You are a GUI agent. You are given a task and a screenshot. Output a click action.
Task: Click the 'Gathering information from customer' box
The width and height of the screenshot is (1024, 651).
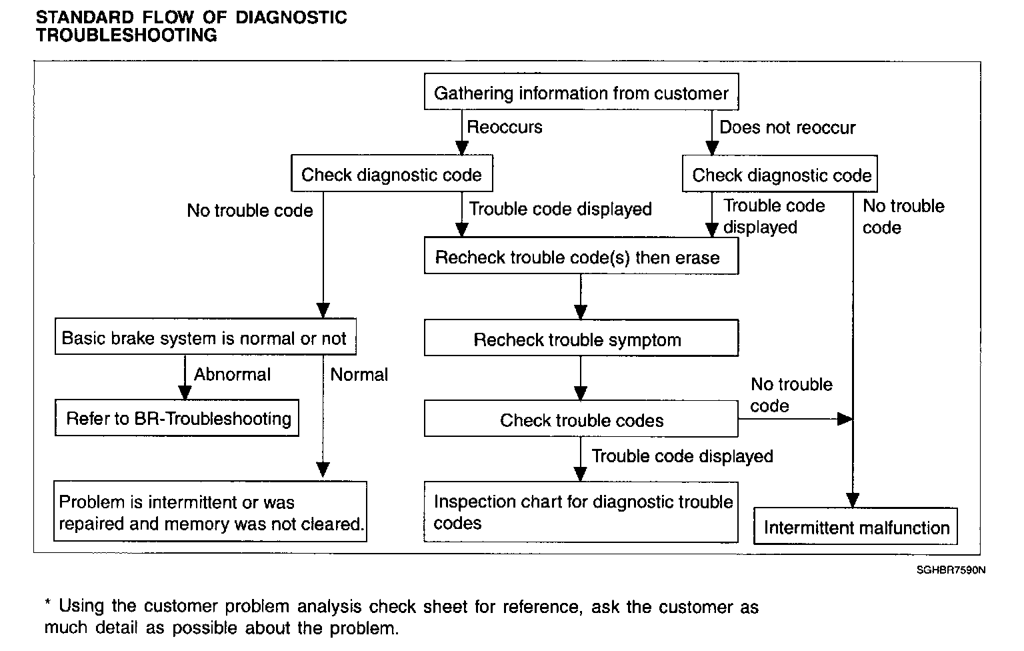(x=581, y=91)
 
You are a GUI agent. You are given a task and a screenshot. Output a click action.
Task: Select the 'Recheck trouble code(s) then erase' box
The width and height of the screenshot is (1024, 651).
(x=581, y=255)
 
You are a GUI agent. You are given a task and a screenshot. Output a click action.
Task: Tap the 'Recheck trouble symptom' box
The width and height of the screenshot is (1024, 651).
(x=581, y=338)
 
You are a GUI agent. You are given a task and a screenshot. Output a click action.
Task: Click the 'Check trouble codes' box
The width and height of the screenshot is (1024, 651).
(x=581, y=419)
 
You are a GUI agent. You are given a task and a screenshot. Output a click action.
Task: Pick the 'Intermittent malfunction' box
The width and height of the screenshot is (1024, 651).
(x=855, y=526)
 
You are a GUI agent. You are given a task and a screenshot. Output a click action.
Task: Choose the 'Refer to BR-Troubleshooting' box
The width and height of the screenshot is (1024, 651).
(x=177, y=418)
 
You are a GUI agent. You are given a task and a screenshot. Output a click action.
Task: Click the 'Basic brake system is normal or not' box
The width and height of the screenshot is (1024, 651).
(x=205, y=336)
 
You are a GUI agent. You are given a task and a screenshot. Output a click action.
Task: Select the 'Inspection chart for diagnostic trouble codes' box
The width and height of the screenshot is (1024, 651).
(x=581, y=512)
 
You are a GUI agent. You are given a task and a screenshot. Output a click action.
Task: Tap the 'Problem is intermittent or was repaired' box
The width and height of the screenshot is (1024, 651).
(x=210, y=512)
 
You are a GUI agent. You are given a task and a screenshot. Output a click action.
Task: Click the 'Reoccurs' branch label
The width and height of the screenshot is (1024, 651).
(x=504, y=127)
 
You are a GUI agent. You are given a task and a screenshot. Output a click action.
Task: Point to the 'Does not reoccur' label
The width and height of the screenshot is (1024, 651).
(x=787, y=127)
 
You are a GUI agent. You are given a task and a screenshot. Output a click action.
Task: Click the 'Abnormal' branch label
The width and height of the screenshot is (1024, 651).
(x=232, y=374)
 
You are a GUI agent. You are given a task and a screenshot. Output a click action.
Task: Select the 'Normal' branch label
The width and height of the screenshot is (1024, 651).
(x=359, y=375)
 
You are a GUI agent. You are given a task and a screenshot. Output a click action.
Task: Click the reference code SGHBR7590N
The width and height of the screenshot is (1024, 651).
(x=951, y=570)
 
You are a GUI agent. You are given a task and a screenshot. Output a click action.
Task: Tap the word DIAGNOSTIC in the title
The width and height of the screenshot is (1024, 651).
(x=291, y=17)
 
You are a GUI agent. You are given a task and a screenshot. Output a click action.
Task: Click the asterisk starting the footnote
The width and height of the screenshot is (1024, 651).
(x=47, y=603)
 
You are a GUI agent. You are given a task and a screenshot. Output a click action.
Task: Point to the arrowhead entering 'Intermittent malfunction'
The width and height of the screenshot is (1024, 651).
(x=853, y=500)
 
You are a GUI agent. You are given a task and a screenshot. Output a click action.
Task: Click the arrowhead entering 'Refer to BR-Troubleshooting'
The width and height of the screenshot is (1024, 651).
(x=185, y=392)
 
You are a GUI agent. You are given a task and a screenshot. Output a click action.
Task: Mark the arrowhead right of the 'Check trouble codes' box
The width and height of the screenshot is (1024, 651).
(x=845, y=419)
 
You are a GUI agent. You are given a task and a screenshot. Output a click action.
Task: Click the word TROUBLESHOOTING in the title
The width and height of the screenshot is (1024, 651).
(x=127, y=35)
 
